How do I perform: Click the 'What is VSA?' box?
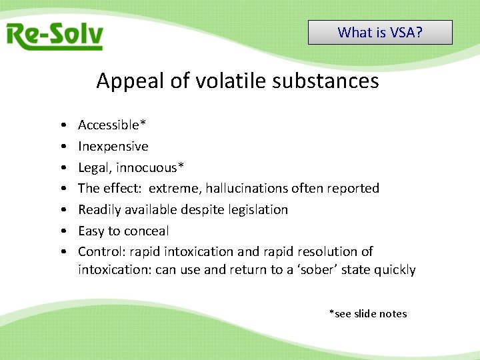click(x=380, y=32)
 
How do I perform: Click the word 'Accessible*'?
click(x=113, y=125)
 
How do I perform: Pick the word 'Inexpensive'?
click(x=113, y=146)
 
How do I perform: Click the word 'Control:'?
click(x=102, y=251)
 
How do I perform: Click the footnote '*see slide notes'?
click(x=367, y=313)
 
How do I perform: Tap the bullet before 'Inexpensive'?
click(x=61, y=147)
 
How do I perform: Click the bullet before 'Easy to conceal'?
click(x=61, y=231)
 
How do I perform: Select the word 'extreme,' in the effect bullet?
click(x=175, y=188)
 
